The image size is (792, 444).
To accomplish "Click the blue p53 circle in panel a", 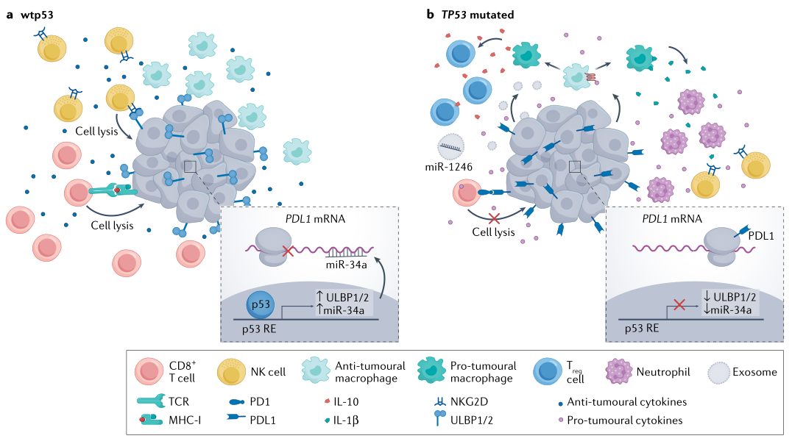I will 256,305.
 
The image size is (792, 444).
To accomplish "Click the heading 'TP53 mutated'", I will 483,15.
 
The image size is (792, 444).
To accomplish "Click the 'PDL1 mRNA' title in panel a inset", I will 310,218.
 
